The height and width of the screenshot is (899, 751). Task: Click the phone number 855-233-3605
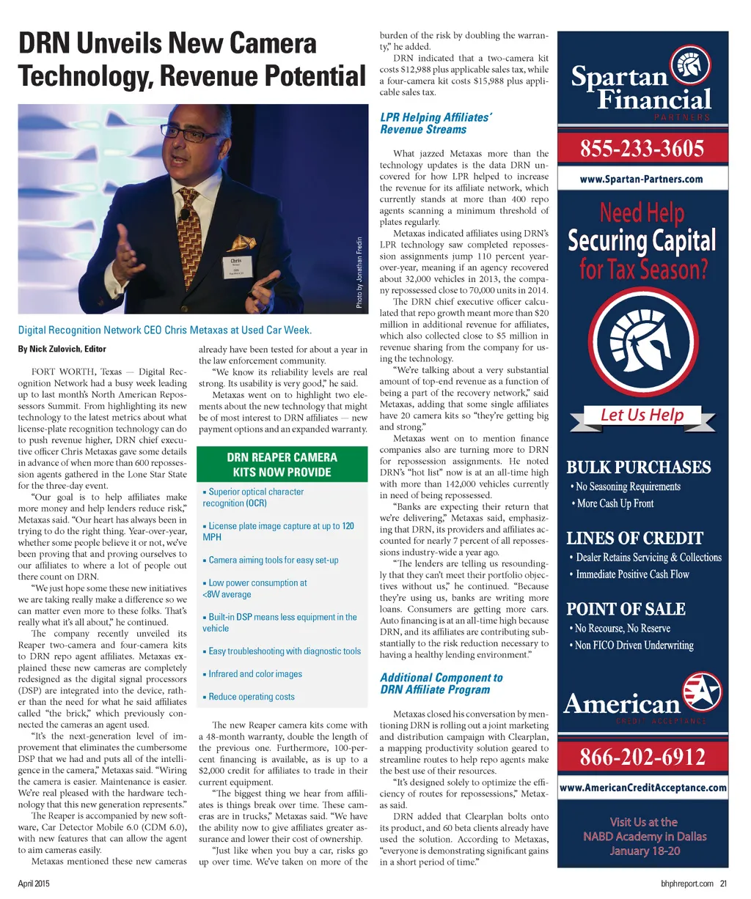(642, 149)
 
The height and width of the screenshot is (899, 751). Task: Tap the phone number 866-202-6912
(642, 756)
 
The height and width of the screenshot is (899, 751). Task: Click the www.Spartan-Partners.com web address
(642, 179)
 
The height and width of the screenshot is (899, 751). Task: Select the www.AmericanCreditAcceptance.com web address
(642, 788)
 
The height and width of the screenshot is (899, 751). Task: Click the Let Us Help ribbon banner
(642, 415)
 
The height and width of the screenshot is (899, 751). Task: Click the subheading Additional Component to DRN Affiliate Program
(441, 683)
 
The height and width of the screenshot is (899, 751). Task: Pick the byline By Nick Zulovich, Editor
(62, 349)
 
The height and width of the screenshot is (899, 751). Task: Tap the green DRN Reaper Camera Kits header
(282, 465)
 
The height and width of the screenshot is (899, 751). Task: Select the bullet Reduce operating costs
(251, 697)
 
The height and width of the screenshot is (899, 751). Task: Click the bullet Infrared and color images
(254, 674)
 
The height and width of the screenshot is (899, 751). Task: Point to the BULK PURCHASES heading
(638, 467)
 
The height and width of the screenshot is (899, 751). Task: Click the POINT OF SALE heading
(625, 609)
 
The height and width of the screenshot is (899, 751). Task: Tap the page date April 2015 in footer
(34, 884)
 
